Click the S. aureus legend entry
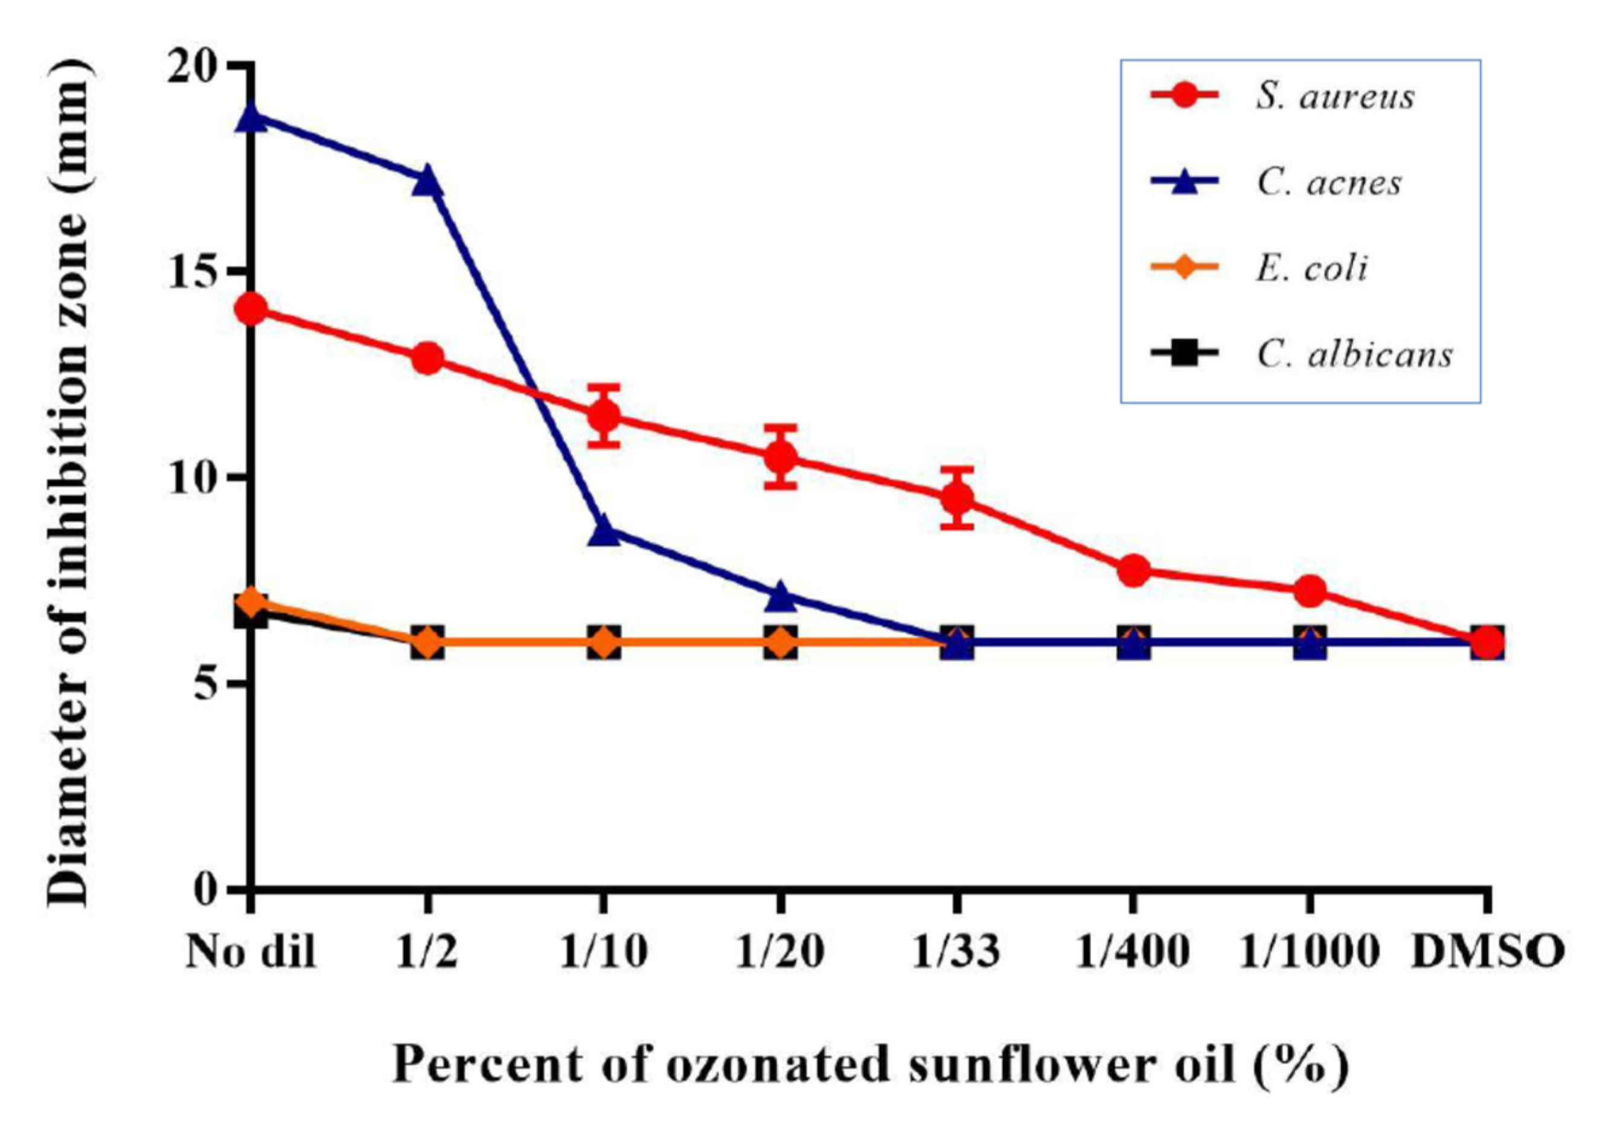pos(1335,96)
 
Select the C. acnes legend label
pos(1328,183)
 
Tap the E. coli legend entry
pos(1311,269)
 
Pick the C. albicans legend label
pos(1354,355)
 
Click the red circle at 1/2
pos(427,358)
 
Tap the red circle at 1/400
pos(1133,570)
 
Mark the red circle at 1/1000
pos(1310,591)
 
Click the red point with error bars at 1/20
pos(781,457)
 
